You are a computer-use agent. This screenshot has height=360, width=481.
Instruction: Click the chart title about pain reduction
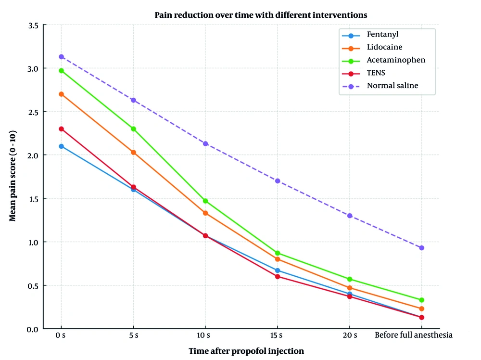(261, 15)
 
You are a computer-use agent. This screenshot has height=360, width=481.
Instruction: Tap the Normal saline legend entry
(392, 86)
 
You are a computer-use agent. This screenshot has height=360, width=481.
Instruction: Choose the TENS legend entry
(376, 73)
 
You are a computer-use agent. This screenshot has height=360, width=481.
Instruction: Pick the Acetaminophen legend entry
(396, 60)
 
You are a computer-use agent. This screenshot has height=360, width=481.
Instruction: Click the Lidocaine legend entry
(384, 48)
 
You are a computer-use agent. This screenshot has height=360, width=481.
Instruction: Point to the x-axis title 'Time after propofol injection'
(246, 351)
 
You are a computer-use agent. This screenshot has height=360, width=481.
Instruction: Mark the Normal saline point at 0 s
(61, 57)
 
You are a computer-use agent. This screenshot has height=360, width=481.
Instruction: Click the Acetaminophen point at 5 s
(133, 129)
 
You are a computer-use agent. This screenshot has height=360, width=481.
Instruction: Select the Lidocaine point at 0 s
(61, 94)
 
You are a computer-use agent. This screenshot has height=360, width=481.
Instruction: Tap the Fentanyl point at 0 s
(61, 146)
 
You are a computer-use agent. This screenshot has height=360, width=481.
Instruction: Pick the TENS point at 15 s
(278, 276)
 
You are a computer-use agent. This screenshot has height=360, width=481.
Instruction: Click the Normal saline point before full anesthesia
(422, 248)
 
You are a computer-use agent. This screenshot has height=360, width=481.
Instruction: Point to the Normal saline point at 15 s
(278, 181)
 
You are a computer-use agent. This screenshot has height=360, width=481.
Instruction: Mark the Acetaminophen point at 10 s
(205, 201)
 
